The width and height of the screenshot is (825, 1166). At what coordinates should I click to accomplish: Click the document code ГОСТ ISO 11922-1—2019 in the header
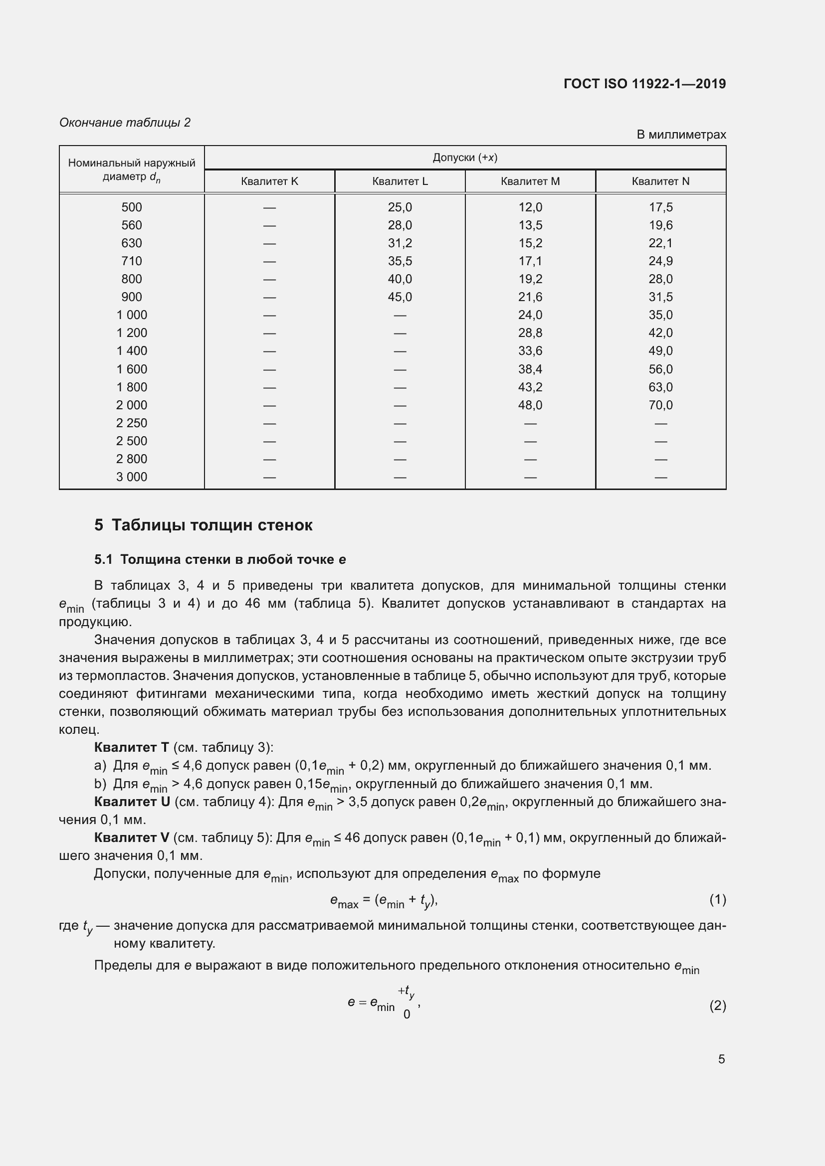pyautogui.click(x=644, y=84)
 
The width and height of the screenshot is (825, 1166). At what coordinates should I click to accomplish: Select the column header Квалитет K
pyautogui.click(x=269, y=181)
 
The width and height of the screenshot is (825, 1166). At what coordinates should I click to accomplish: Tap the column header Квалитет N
pyautogui.click(x=660, y=181)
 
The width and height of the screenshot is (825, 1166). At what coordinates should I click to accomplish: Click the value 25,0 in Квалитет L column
pyautogui.click(x=400, y=207)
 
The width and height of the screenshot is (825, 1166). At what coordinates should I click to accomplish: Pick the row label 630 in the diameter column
pyautogui.click(x=132, y=243)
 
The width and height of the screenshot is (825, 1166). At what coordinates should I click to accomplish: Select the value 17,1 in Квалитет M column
pyautogui.click(x=530, y=261)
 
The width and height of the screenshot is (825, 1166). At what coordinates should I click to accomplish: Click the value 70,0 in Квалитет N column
pyautogui.click(x=660, y=405)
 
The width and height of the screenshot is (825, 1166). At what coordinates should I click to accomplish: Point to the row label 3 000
pyautogui.click(x=132, y=477)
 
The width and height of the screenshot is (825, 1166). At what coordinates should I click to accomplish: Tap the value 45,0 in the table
pyautogui.click(x=400, y=297)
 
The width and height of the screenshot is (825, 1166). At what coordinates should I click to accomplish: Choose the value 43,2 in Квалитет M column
pyautogui.click(x=530, y=387)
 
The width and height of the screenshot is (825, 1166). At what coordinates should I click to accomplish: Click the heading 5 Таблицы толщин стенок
pyautogui.click(x=203, y=525)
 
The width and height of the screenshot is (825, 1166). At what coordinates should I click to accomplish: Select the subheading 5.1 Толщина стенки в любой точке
pyautogui.click(x=220, y=560)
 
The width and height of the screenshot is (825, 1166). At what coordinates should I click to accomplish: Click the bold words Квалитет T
pyautogui.click(x=131, y=748)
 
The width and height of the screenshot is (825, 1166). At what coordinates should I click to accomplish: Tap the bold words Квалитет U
pyautogui.click(x=132, y=802)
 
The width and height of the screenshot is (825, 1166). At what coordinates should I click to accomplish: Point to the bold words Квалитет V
pyautogui.click(x=132, y=837)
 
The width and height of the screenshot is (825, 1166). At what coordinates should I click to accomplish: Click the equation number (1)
pyautogui.click(x=717, y=900)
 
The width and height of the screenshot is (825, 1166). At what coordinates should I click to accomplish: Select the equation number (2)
pyautogui.click(x=717, y=1005)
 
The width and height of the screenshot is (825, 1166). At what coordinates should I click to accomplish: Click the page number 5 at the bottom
pyautogui.click(x=721, y=1059)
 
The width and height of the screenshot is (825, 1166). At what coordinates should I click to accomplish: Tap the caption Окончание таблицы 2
pyautogui.click(x=125, y=123)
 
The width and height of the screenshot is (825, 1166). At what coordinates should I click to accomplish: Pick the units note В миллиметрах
pyautogui.click(x=681, y=135)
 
